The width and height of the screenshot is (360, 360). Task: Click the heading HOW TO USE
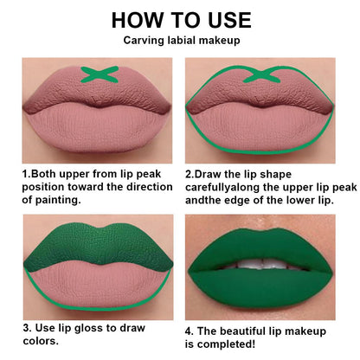point(181,20)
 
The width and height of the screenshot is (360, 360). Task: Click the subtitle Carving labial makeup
point(181,40)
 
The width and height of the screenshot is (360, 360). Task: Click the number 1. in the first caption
point(26,172)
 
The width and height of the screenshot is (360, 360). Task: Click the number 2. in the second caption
point(190,172)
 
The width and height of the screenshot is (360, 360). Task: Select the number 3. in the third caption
point(27,329)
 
